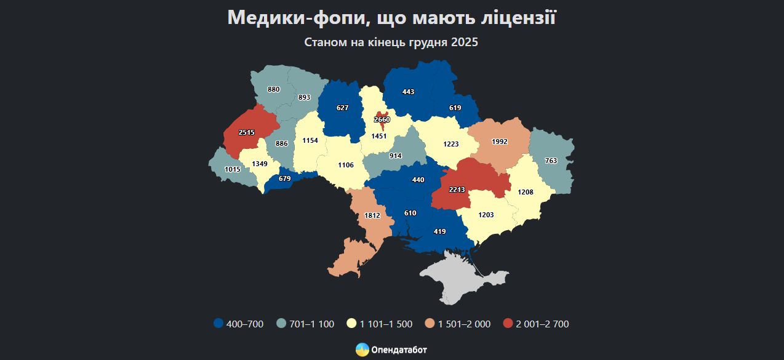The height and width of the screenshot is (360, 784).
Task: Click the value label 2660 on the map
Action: click(382, 119)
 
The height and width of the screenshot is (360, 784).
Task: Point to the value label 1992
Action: click(499, 142)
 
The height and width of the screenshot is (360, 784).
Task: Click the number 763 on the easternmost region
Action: click(551, 161)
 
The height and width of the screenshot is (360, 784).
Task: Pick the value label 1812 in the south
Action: click(372, 215)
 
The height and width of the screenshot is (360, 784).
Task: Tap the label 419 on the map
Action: click(439, 231)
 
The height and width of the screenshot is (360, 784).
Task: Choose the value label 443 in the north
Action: click(408, 92)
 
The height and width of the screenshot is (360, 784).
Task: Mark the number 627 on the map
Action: click(343, 108)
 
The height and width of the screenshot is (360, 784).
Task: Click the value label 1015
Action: click(233, 169)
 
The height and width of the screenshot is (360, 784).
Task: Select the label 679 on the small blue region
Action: click(285, 178)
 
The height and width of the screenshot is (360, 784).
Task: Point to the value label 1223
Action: click(451, 144)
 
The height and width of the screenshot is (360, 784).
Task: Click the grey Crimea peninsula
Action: click(455, 280)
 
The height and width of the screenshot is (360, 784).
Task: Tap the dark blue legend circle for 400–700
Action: click(218, 324)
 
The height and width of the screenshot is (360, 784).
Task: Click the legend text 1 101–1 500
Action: click(387, 324)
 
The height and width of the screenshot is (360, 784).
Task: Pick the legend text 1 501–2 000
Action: click(464, 324)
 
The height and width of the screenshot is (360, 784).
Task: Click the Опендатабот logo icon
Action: click(362, 350)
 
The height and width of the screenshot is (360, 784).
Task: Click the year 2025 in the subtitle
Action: click(464, 42)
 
